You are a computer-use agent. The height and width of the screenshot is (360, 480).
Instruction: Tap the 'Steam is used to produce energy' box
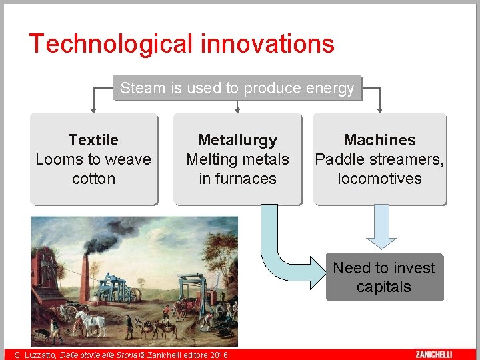237,88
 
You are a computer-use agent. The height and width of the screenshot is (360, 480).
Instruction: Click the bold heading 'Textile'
93,140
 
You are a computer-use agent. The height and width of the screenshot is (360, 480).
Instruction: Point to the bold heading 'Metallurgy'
237,140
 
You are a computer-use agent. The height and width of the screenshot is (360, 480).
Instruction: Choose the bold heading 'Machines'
379,140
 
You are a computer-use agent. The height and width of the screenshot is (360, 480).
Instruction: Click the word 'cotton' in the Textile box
93,179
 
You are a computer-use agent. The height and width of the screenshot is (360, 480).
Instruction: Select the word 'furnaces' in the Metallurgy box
237,179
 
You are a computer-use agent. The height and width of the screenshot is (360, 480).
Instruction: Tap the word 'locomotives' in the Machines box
379,179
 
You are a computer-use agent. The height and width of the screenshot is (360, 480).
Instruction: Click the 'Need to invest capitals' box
384,277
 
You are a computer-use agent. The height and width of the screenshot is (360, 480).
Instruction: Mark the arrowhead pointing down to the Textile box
93,109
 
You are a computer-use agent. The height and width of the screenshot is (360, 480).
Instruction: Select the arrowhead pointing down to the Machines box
380,109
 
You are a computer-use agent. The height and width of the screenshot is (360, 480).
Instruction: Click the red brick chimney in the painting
85,280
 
